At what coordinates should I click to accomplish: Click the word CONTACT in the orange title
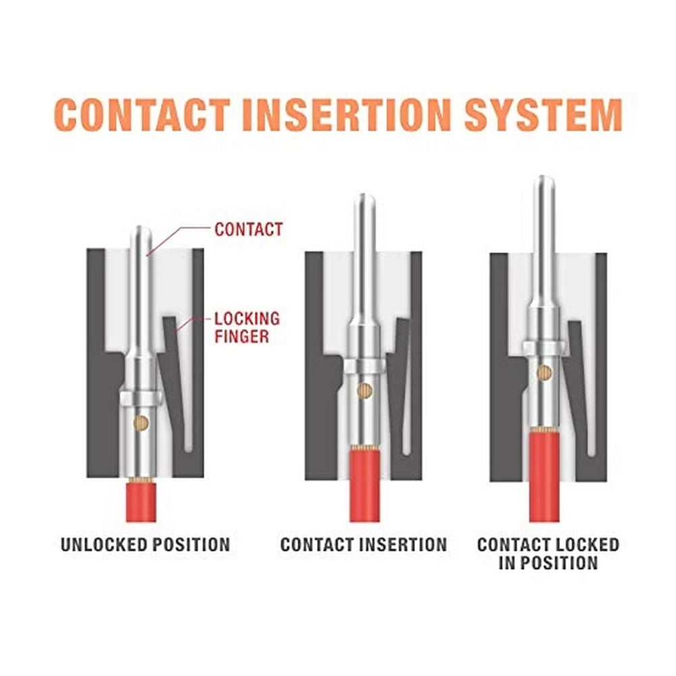point(141,115)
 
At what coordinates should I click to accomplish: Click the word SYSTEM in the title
point(541,115)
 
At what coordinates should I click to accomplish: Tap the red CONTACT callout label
point(248,229)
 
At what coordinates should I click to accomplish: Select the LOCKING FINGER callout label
point(247,327)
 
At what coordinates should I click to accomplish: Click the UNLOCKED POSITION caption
point(145,544)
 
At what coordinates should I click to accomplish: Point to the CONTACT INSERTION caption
point(364,544)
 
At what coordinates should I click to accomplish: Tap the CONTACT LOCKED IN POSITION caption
point(548,553)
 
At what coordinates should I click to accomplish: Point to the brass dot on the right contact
point(544,370)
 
